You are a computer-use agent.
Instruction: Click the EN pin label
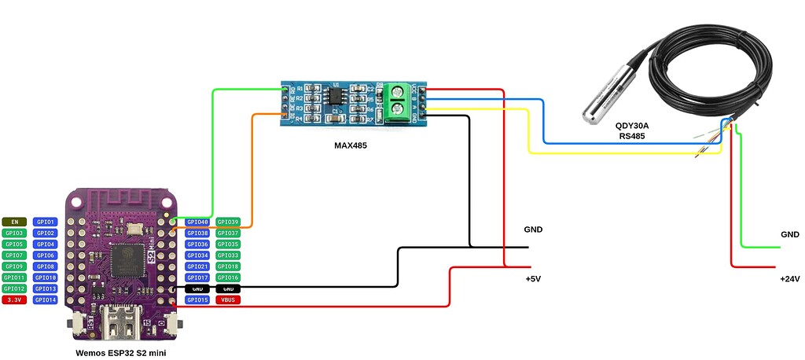14,222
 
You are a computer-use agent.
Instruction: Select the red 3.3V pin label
14,299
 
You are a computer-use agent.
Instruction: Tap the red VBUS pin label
228,299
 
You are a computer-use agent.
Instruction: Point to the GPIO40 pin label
197,222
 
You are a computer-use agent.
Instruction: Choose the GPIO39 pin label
228,222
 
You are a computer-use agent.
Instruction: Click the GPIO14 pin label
46,299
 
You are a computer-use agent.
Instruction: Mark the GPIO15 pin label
197,299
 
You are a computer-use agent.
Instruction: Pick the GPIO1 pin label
46,222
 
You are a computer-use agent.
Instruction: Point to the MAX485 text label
351,145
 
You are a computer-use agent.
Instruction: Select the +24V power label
788,278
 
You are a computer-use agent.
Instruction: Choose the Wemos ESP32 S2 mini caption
120,353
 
